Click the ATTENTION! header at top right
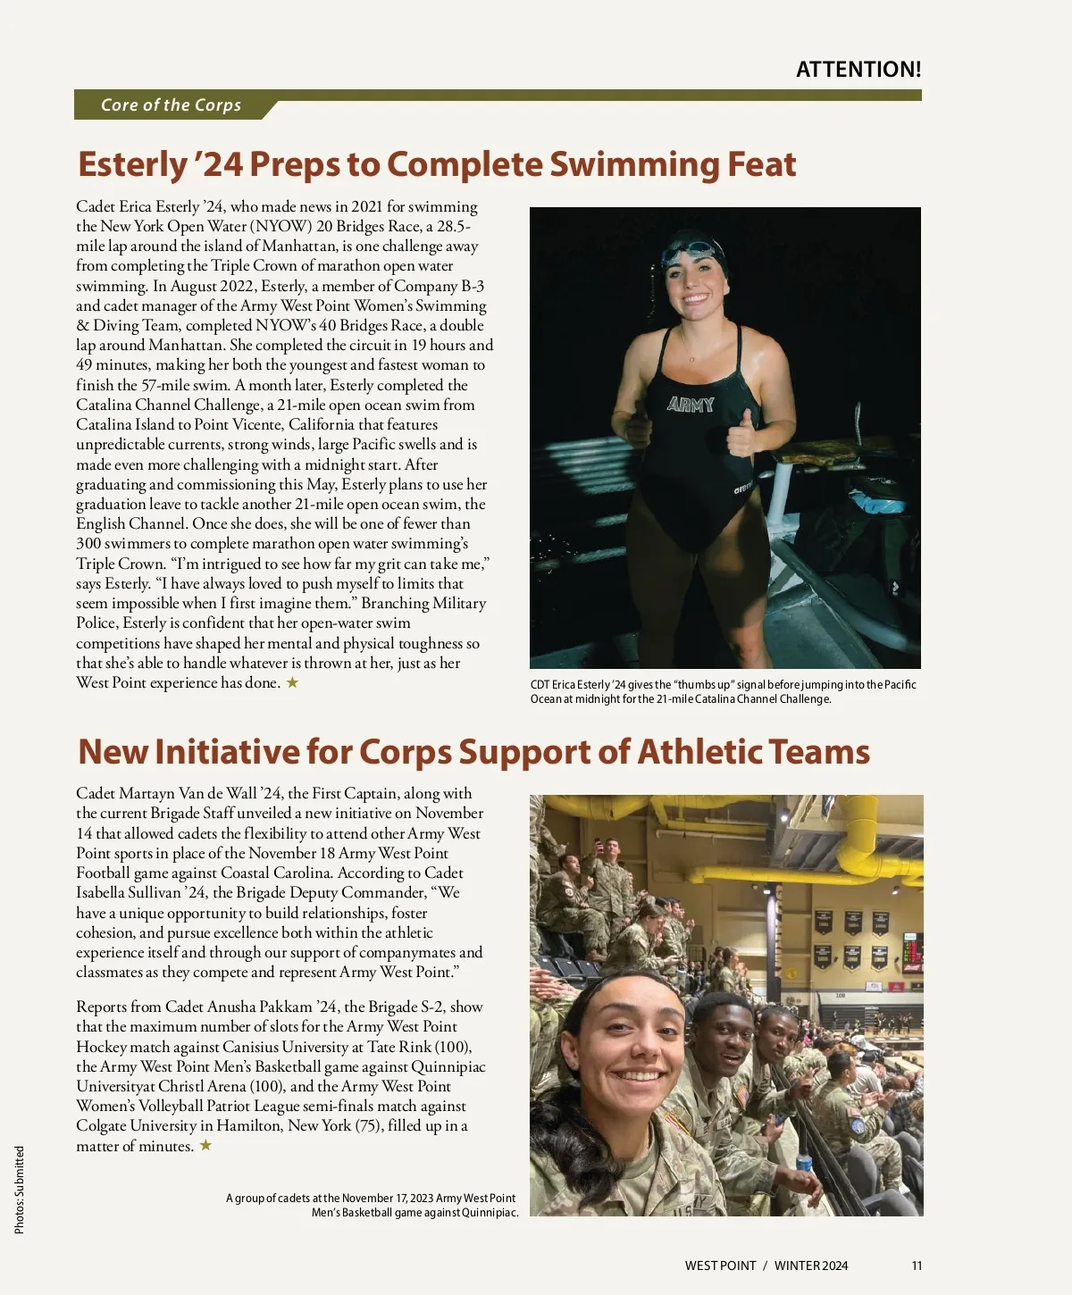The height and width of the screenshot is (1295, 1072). tap(858, 70)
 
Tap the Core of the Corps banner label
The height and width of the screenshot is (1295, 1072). tap(171, 104)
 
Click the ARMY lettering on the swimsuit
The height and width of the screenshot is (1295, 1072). tap(691, 405)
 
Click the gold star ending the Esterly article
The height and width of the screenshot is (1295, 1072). tap(292, 683)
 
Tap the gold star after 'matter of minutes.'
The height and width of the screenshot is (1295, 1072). tap(205, 1146)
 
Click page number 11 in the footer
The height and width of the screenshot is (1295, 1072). tap(917, 1266)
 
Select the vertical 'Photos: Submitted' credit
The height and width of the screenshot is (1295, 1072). tap(20, 1190)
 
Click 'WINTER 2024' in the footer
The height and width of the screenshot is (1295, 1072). tap(811, 1266)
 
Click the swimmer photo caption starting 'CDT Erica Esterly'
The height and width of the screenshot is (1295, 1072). tap(723, 691)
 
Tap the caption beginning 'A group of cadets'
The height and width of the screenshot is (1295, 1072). tap(372, 1205)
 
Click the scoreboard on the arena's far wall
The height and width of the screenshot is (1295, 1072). tap(911, 952)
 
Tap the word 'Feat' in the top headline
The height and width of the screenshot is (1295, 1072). tap(760, 164)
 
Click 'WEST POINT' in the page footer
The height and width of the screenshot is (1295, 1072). tap(720, 1266)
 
